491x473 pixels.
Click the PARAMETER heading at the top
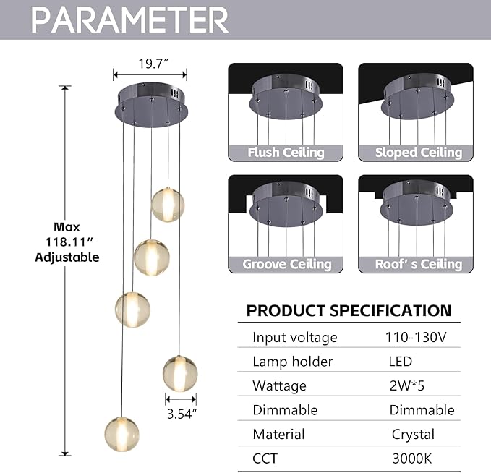click(130, 20)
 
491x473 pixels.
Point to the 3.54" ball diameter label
click(181, 414)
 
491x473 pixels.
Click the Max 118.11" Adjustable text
click(67, 242)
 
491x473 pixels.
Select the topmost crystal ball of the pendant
click(168, 205)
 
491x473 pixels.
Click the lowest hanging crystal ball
click(121, 433)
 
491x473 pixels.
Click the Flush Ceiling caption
click(286, 153)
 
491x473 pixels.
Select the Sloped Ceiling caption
click(418, 153)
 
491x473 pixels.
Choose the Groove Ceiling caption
click(286, 264)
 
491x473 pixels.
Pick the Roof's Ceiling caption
click(418, 264)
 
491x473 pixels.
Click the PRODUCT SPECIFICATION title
click(349, 311)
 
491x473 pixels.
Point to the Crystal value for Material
click(412, 435)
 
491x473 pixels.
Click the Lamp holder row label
click(292, 362)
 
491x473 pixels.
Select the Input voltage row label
click(294, 337)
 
